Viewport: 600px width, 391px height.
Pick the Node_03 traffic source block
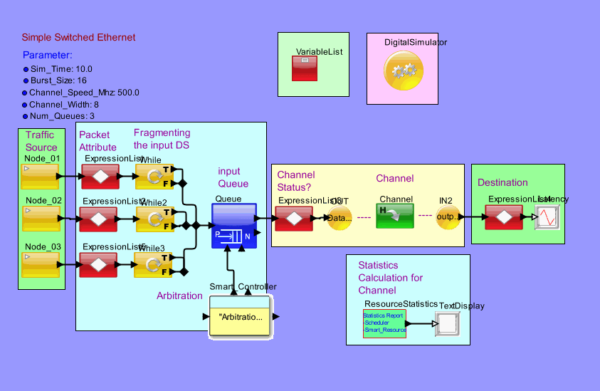click(41, 264)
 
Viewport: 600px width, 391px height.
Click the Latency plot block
click(547, 217)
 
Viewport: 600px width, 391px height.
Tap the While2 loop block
click(154, 219)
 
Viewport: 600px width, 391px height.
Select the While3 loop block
click(153, 264)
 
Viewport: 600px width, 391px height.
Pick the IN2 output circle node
click(449, 217)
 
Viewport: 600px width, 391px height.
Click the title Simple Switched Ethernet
click(78, 37)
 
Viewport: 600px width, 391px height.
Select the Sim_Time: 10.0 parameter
click(61, 69)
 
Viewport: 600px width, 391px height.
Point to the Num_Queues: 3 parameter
click(61, 115)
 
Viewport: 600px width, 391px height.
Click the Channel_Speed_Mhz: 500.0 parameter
click(83, 93)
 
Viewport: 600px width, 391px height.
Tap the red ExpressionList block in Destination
click(504, 217)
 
